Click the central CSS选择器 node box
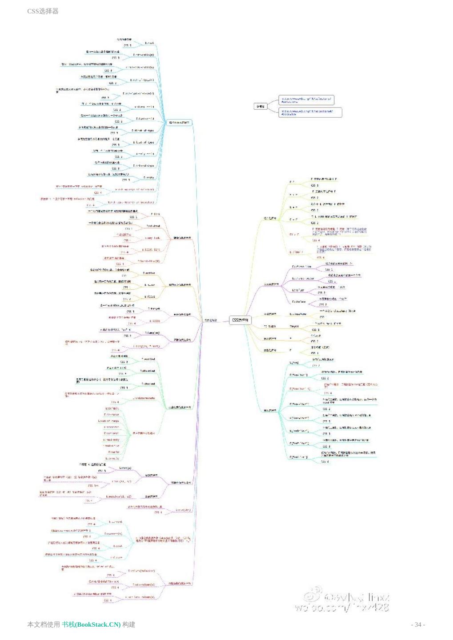pyautogui.click(x=241, y=320)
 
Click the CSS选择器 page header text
pyautogui.click(x=43, y=11)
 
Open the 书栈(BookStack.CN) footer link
pyautogui.click(x=91, y=624)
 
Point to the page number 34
pyautogui.click(x=418, y=624)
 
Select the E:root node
pyautogui.click(x=149, y=43)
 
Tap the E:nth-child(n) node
pyautogui.click(x=144, y=55)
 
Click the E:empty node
pyautogui.click(x=149, y=177)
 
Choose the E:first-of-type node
pyautogui.click(x=143, y=131)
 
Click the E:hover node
pyautogui.click(x=150, y=285)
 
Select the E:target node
pyautogui.click(x=154, y=308)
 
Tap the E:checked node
pyautogui.click(x=148, y=359)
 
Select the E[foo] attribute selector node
pyautogui.click(x=294, y=363)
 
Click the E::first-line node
pyautogui.click(x=301, y=267)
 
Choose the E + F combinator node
pyautogui.click(x=293, y=207)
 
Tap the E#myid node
pyautogui.click(x=294, y=327)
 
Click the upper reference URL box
pyautogui.click(x=306, y=100)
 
